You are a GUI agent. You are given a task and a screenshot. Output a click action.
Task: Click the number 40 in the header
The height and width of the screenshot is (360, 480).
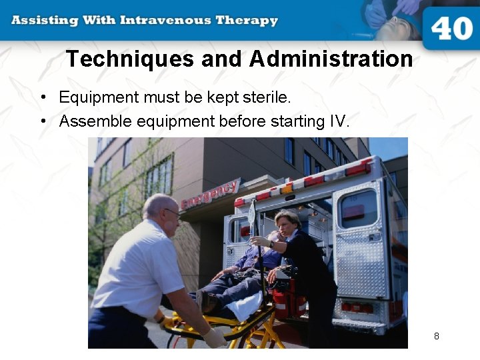[x=452, y=28]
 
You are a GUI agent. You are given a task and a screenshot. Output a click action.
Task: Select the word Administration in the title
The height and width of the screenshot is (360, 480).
[x=331, y=59]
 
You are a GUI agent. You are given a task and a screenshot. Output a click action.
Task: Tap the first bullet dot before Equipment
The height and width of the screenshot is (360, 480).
[x=42, y=98]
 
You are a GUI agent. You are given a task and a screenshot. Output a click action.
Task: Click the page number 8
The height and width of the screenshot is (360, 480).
[x=437, y=336]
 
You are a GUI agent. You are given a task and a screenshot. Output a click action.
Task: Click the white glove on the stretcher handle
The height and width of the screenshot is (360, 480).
[x=214, y=338]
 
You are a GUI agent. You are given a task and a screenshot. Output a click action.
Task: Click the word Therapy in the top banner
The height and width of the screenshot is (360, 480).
[x=247, y=20]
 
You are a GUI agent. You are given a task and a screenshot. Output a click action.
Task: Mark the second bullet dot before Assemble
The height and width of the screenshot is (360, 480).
[x=42, y=122]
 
